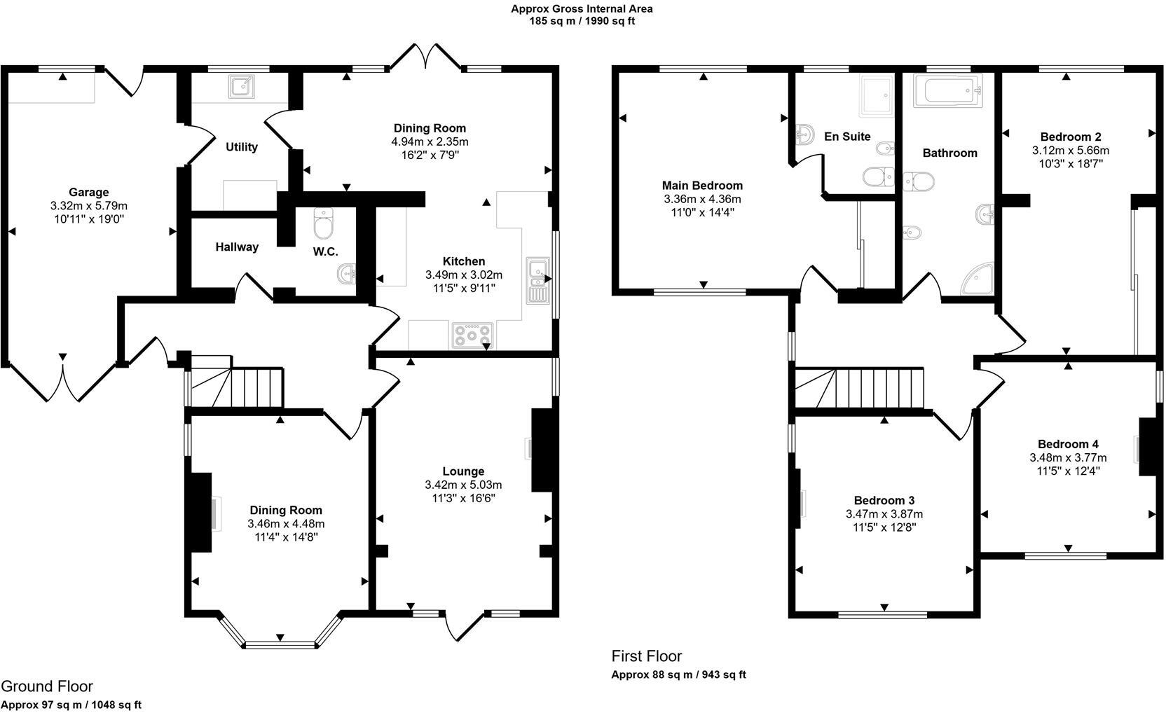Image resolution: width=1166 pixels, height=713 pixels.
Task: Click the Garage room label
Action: coord(88,192)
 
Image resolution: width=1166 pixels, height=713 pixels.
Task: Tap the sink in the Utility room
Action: coord(242,87)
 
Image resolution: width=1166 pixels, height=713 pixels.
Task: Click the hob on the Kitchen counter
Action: coord(473,335)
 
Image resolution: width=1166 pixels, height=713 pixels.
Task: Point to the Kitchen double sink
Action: coord(537,281)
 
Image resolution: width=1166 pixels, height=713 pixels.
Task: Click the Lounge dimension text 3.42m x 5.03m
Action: coord(463,485)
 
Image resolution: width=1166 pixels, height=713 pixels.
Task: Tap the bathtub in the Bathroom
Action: coord(948,90)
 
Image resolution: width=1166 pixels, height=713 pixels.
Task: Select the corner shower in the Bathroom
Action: coord(978,279)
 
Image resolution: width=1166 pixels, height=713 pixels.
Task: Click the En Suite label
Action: coord(847,137)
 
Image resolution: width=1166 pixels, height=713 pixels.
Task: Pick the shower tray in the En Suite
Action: coord(877,95)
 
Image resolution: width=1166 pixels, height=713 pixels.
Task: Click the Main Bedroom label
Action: coord(702,186)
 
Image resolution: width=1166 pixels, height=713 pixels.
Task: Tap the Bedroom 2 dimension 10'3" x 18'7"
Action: coord(1071,164)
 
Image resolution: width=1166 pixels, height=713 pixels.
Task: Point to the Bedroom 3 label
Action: coord(884,500)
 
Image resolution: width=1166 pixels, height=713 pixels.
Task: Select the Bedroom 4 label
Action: coord(1068,444)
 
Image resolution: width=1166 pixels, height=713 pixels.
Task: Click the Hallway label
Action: coord(237,247)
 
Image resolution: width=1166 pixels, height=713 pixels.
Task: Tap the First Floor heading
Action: coord(647,656)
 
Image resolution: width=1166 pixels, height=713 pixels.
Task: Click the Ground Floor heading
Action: coord(47,686)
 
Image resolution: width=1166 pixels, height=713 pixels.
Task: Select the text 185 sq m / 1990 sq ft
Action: coord(582,21)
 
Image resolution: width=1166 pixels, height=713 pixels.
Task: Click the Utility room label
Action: coord(242,147)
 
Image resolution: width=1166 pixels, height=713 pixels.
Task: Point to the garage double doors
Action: coord(63,382)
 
